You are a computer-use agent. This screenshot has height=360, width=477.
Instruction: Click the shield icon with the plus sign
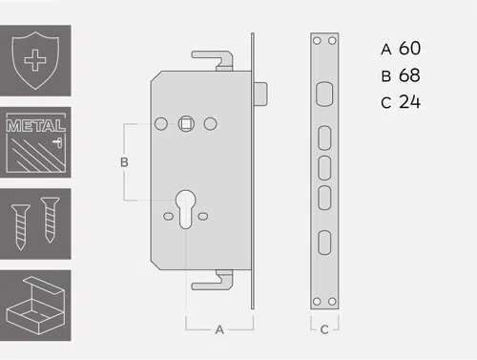[x=35, y=60]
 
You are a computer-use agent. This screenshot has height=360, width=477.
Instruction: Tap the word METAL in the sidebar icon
[x=35, y=126]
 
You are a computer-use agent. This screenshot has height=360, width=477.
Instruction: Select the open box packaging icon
[x=35, y=306]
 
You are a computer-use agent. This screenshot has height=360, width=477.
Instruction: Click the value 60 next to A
[x=409, y=49]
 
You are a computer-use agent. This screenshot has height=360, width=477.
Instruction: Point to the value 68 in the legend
[x=409, y=75]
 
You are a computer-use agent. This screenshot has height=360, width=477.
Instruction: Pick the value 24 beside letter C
[x=409, y=102]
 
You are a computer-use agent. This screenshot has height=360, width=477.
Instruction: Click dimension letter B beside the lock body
[x=124, y=162]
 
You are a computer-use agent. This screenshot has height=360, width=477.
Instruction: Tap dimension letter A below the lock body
[x=219, y=329]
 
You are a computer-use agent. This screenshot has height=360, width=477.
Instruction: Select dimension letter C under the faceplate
[x=324, y=329]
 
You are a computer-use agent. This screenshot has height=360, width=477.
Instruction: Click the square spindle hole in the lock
[x=186, y=124]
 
